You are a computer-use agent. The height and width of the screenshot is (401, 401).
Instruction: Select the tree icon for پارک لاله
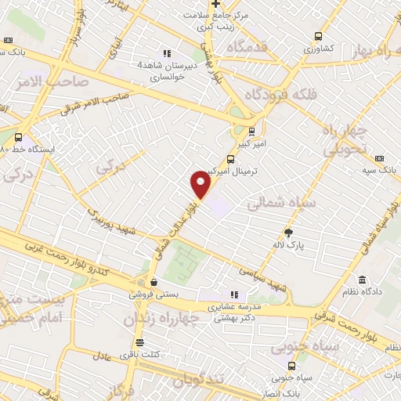pyautogui.click(x=288, y=232)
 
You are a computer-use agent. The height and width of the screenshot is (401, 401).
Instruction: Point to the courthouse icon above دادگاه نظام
pyautogui.click(x=362, y=280)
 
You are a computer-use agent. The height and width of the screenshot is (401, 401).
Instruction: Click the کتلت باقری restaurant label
pyautogui.click(x=140, y=355)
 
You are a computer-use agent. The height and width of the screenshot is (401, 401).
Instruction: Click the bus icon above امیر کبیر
pyautogui.click(x=251, y=132)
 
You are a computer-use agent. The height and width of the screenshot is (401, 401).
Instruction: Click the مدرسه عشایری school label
pyautogui.click(x=235, y=307)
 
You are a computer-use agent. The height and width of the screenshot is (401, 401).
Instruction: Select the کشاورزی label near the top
pyautogui.click(x=319, y=48)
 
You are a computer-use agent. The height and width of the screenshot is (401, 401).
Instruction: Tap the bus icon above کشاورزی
pyautogui.click(x=318, y=35)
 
